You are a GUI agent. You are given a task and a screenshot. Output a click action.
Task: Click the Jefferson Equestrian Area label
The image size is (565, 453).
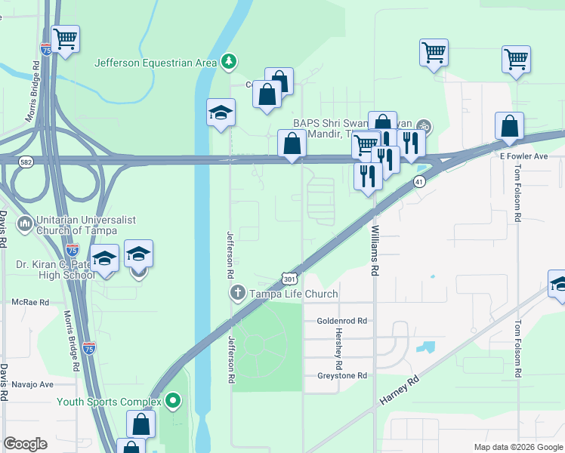156,63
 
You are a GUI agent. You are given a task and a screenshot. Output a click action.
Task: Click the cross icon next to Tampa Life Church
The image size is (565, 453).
237,293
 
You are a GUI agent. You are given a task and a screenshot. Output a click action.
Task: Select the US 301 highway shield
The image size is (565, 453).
290,279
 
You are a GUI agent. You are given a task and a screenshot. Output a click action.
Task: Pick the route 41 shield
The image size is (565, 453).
418,181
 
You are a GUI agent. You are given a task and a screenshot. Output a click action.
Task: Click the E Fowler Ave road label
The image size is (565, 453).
523,156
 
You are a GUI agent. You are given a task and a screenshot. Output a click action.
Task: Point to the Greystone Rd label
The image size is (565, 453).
341,375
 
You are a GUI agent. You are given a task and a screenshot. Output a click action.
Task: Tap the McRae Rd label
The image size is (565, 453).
30,302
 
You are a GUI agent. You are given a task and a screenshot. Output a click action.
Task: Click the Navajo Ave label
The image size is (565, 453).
31,384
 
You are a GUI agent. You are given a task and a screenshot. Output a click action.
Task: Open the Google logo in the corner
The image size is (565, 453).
26,444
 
